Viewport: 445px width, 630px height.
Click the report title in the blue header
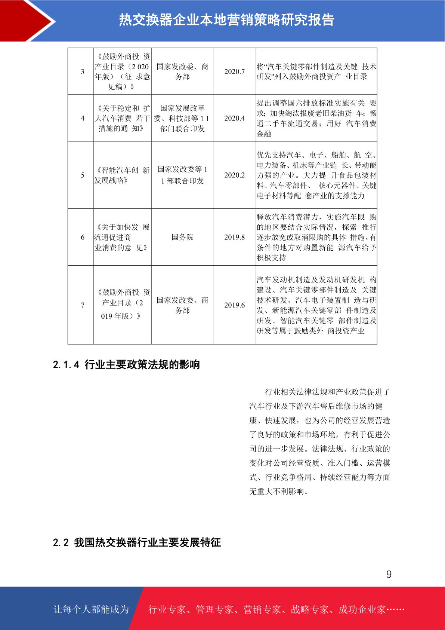coord(226,20)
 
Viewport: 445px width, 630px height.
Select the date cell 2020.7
coord(234,71)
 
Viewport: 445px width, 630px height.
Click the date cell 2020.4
coord(234,118)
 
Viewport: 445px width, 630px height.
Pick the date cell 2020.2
coord(234,175)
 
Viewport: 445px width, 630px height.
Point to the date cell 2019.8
coord(234,237)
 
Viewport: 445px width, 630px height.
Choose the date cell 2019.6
coord(234,305)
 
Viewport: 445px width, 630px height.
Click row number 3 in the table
coord(83,71)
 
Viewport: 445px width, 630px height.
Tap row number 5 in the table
coord(83,175)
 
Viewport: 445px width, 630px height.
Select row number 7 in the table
coord(83,305)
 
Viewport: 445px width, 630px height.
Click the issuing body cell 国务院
coord(182,237)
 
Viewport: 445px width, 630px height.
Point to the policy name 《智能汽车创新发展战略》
coord(122,175)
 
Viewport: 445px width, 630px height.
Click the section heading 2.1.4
coord(126,364)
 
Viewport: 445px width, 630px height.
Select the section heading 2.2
coord(137,542)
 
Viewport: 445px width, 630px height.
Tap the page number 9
coord(389,574)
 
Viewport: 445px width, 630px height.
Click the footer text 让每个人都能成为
coord(91,609)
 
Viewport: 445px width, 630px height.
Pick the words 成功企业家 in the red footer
coord(362,610)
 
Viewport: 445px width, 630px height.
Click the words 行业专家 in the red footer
coord(167,610)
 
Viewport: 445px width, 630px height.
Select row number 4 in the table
coord(83,118)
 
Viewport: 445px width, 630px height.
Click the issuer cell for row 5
coord(182,175)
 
